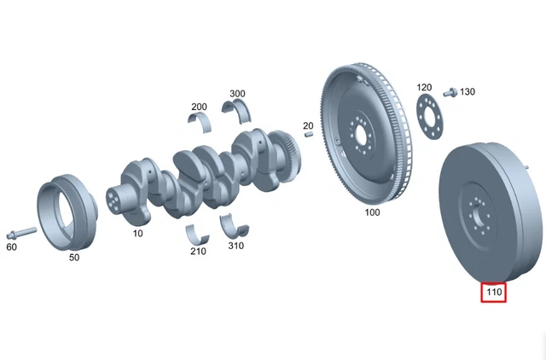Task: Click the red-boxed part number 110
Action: (x=493, y=293)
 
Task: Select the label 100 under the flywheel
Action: (x=372, y=212)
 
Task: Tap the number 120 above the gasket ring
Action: (x=424, y=88)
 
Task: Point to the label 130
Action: (x=468, y=91)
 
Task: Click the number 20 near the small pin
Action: (x=308, y=125)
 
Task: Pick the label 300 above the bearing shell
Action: (x=237, y=93)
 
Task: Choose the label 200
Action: (x=199, y=107)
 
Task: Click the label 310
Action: (x=235, y=246)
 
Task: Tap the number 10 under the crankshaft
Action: (x=137, y=232)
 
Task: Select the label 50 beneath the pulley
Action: (x=73, y=256)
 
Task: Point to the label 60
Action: (x=12, y=247)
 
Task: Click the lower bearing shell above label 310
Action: (x=234, y=227)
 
